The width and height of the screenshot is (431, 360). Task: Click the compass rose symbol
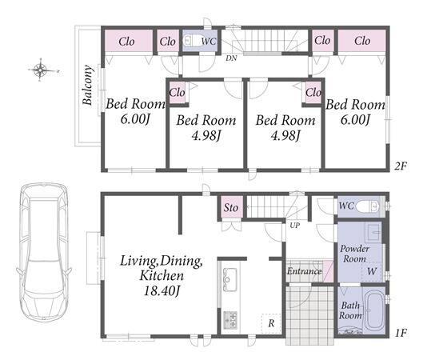(41, 70)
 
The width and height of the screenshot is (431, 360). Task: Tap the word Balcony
(88, 85)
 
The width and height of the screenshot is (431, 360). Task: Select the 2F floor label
(401, 166)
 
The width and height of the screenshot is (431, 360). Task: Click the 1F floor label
(401, 333)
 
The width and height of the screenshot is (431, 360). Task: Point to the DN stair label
(231, 58)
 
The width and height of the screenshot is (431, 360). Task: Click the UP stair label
(294, 226)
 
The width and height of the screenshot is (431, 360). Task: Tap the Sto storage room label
(230, 208)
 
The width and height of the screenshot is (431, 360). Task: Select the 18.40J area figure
(162, 290)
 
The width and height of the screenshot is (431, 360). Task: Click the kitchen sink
(229, 279)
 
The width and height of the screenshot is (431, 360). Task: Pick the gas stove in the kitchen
(230, 319)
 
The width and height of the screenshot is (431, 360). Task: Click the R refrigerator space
(271, 323)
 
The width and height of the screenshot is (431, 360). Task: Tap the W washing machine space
(372, 271)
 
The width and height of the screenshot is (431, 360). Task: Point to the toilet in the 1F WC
(368, 206)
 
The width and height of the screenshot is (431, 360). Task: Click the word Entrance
(305, 271)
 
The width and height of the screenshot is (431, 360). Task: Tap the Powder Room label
(354, 254)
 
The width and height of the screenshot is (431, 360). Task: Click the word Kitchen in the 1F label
(162, 275)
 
